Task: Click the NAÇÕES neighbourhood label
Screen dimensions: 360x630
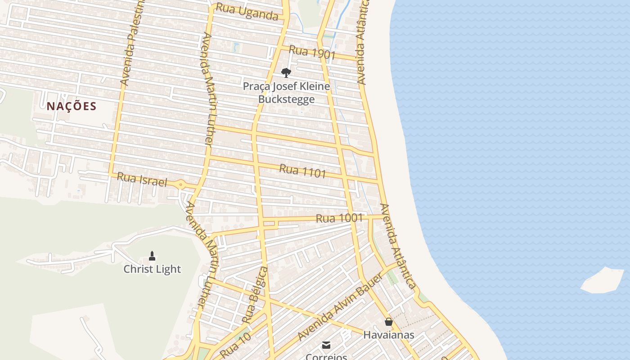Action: tap(72, 106)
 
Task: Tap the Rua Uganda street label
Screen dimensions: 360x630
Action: tap(247, 12)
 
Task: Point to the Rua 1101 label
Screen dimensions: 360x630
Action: tap(302, 171)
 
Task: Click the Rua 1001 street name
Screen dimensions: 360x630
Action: tap(339, 218)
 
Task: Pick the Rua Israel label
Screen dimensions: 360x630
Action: tap(142, 180)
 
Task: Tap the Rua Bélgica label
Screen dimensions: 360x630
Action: tap(255, 295)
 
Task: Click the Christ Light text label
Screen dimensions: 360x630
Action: tap(152, 269)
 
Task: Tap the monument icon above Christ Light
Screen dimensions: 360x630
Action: tap(152, 256)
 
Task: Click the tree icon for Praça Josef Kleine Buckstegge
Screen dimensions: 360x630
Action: tap(286, 72)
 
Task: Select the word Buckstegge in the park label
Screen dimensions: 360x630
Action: tap(286, 99)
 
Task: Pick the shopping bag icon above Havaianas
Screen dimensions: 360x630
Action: tap(389, 322)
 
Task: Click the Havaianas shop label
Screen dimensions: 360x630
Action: tap(389, 335)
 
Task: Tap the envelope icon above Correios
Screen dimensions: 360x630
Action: tap(326, 345)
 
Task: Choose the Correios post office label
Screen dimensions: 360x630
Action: tap(326, 356)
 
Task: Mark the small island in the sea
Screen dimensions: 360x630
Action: tap(603, 280)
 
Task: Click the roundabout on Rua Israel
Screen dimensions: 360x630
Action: tap(180, 184)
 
